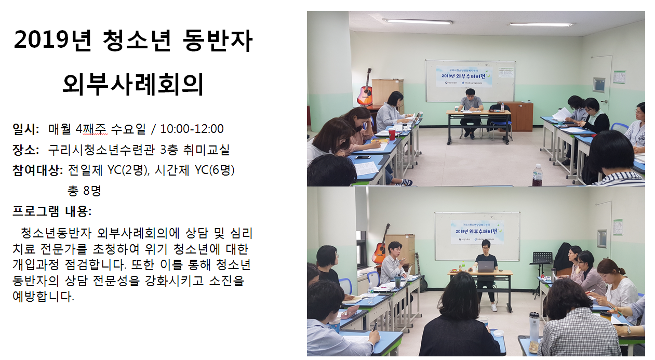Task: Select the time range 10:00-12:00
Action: click(192, 129)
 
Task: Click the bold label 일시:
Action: click(26, 129)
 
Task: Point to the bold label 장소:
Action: click(26, 150)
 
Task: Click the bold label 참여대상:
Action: click(38, 170)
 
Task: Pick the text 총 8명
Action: click(84, 191)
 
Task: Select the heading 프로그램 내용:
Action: click(52, 211)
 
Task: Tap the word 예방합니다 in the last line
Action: click(43, 296)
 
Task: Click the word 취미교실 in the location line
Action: click(206, 150)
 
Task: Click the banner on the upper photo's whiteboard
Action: click(464, 76)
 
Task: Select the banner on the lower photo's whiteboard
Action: click(477, 232)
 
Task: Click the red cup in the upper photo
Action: click(392, 134)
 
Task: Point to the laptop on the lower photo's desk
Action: click(486, 266)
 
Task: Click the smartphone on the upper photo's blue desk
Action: click(363, 157)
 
